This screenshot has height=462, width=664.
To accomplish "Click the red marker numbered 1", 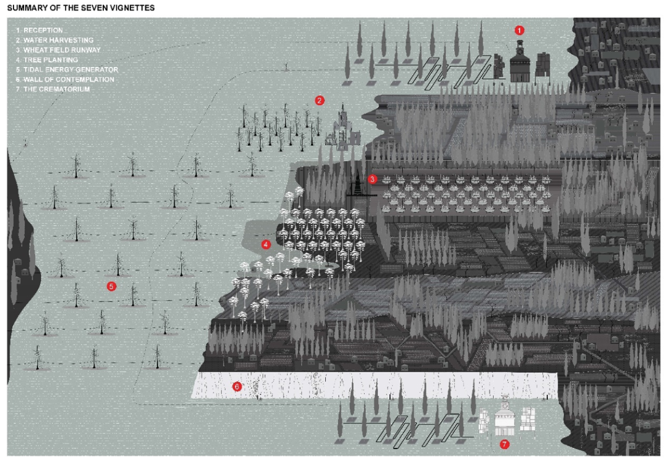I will [x=520, y=30].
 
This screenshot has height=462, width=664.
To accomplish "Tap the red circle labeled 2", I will [x=319, y=100].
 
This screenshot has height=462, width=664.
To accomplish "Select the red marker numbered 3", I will [x=373, y=179].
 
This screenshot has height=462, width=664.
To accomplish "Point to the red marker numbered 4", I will [x=266, y=244].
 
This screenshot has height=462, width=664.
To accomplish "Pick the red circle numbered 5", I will [x=111, y=286].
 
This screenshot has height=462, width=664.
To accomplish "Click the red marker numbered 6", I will [x=237, y=387].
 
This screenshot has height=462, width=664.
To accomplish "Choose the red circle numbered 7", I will [x=505, y=444].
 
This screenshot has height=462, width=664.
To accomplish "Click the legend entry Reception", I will [x=42, y=30].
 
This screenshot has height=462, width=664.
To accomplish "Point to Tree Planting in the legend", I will [x=50, y=60].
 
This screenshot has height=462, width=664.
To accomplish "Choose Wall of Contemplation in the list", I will [x=65, y=79].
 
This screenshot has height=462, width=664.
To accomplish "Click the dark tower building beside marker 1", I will [x=520, y=62].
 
